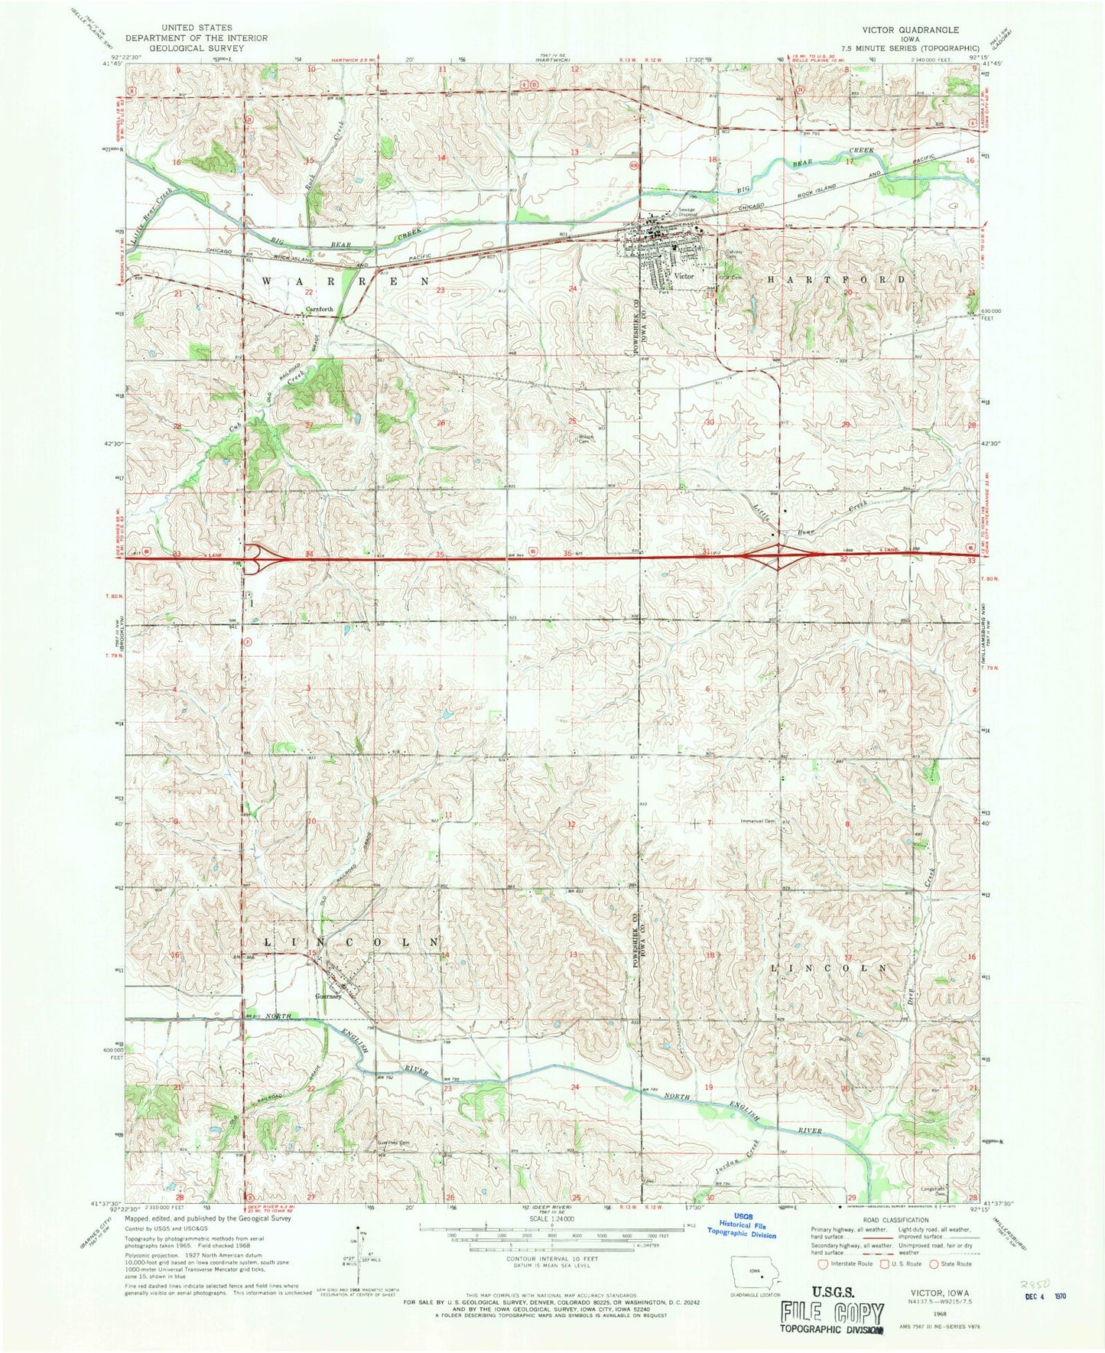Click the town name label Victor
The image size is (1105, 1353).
[684, 276]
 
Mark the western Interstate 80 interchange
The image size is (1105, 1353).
[264, 558]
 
